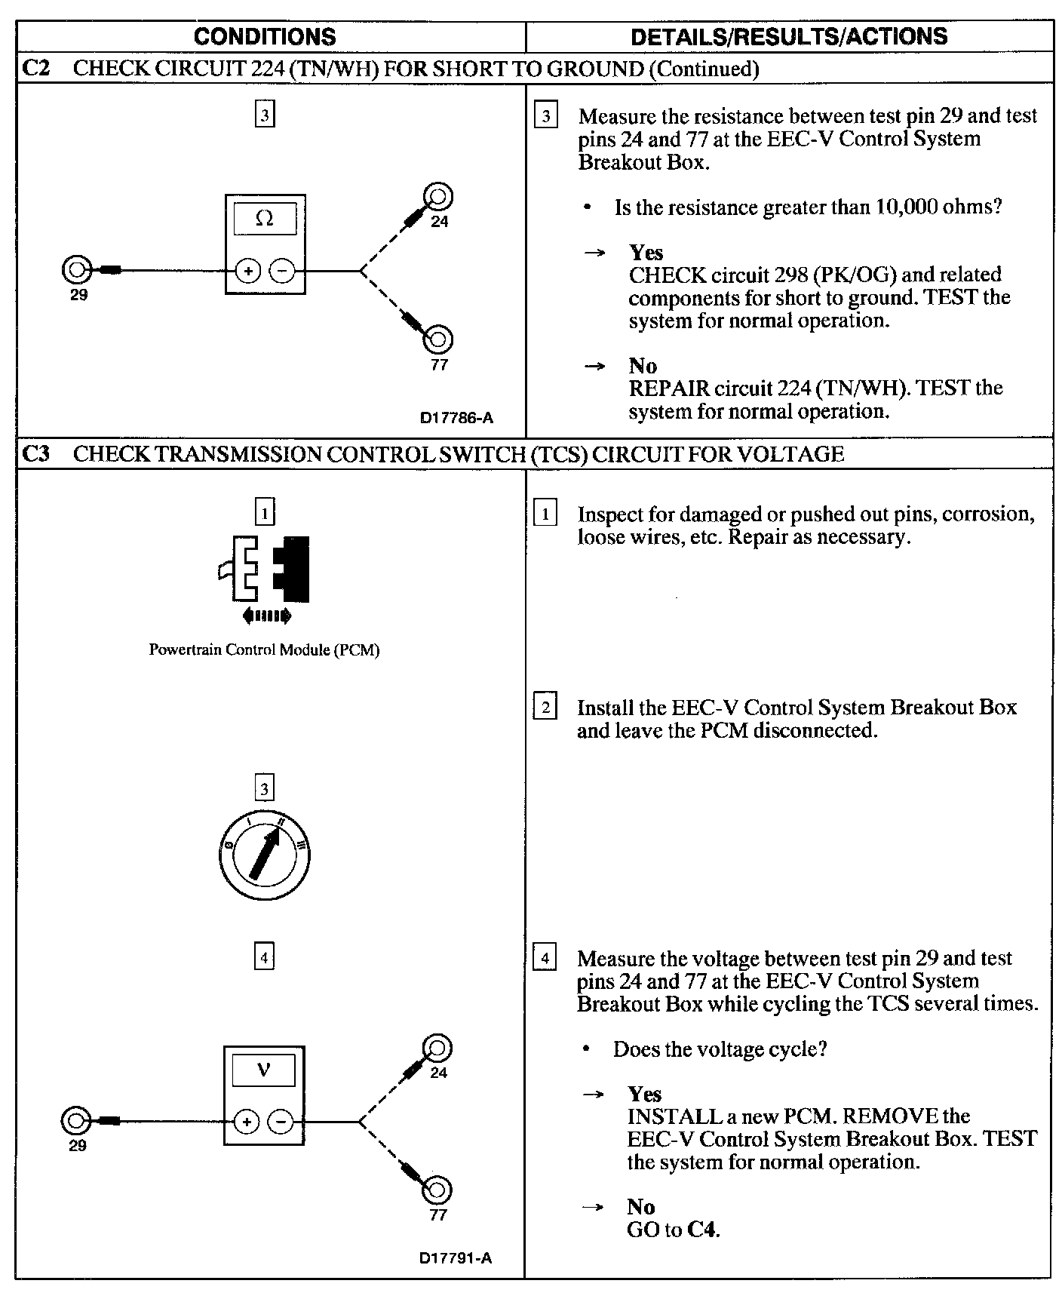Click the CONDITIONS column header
click(x=265, y=36)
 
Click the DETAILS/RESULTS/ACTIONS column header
click(x=789, y=36)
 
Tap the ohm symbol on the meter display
click(x=265, y=219)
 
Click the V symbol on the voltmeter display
click(x=263, y=1069)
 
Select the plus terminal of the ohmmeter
click(x=248, y=270)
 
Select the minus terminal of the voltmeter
click(x=281, y=1122)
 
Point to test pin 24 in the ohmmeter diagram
click(x=437, y=197)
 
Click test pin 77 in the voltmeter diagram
click(x=437, y=1190)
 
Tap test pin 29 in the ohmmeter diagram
click(x=75, y=269)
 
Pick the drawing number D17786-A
click(x=456, y=418)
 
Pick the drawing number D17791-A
click(x=456, y=1257)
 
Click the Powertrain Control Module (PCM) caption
click(x=264, y=649)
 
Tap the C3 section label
click(x=35, y=453)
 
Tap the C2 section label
click(x=35, y=68)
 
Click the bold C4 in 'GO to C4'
click(x=702, y=1230)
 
